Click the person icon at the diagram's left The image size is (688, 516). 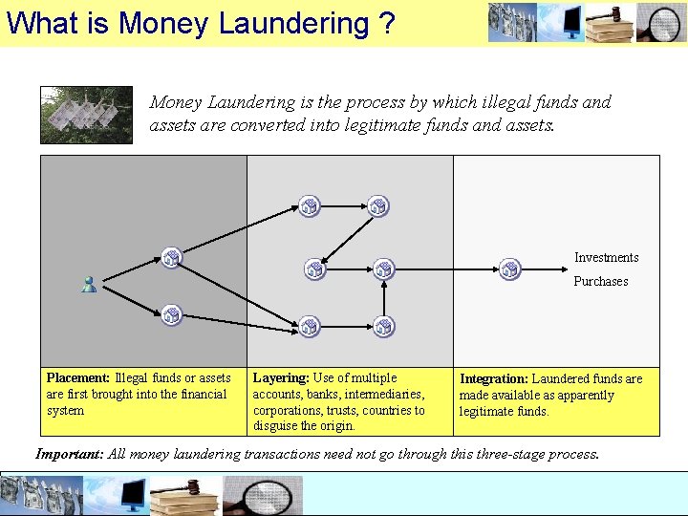(89, 284)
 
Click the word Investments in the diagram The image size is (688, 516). (606, 257)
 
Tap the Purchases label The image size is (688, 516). (600, 281)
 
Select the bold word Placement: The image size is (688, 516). (78, 378)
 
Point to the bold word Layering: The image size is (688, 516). (281, 378)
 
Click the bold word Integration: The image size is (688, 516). (494, 379)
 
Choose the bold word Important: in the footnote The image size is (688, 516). (69, 454)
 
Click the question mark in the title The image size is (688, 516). (385, 23)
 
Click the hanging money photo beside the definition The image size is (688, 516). (86, 115)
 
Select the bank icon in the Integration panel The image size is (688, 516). (510, 269)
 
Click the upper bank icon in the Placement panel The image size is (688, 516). (171, 256)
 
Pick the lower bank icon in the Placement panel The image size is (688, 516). (171, 313)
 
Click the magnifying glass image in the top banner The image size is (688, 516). (661, 23)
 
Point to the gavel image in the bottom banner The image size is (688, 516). (185, 495)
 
